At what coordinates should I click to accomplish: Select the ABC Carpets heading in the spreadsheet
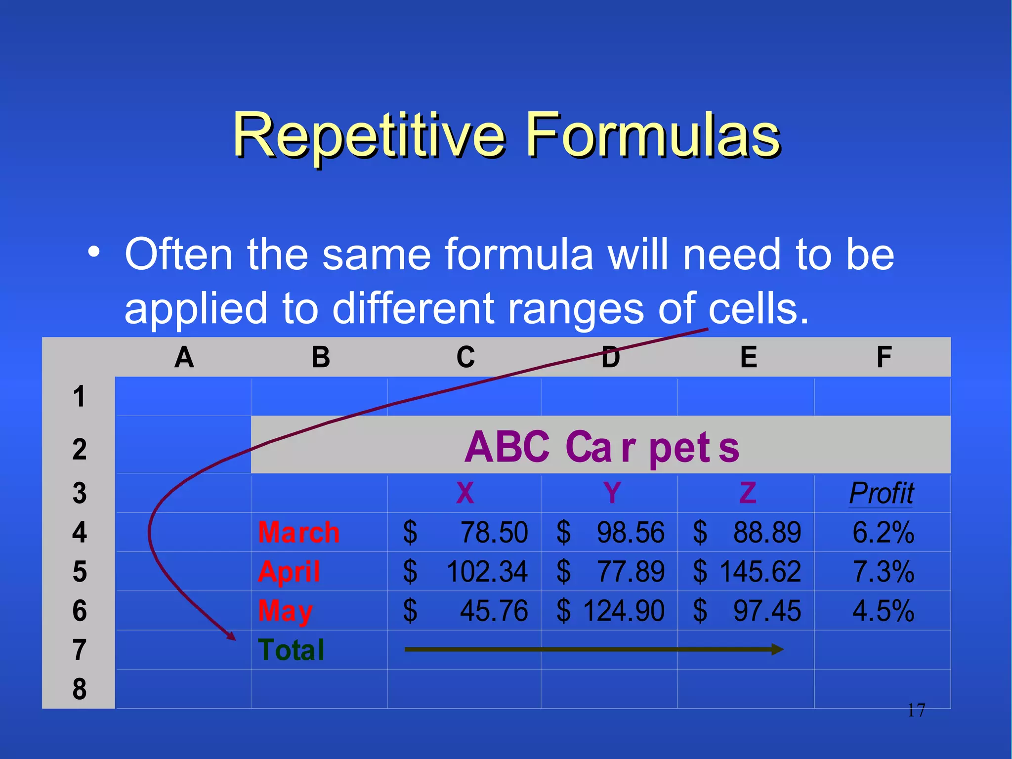point(601,447)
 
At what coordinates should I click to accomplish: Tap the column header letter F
point(884,357)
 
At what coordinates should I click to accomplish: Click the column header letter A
point(184,357)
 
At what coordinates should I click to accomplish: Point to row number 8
point(80,689)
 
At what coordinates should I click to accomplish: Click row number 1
point(80,396)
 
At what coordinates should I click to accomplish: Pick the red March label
point(299,533)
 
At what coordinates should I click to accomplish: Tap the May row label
point(286,612)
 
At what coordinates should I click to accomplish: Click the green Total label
point(292,650)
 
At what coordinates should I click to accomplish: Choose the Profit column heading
point(882,493)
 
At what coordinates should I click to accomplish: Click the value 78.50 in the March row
point(494,533)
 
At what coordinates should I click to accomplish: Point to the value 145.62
point(760,572)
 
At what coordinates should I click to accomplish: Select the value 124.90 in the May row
point(624,611)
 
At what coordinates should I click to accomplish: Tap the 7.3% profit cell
point(884,572)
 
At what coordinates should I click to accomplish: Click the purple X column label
point(465,493)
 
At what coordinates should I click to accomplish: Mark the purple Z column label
point(748,493)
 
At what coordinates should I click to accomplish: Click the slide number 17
point(916,711)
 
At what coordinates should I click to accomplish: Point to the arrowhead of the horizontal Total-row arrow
point(778,649)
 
